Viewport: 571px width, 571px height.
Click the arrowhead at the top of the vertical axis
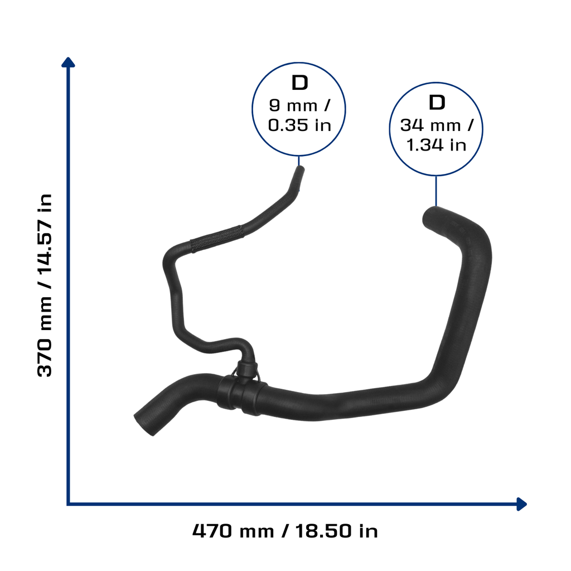[x=68, y=62]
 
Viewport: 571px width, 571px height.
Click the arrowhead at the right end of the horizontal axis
[x=522, y=504]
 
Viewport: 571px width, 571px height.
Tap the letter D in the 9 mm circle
[x=299, y=83]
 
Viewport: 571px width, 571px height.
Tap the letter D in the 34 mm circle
[x=437, y=103]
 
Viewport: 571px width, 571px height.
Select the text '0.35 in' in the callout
[x=299, y=125]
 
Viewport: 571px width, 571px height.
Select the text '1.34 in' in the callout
[x=436, y=145]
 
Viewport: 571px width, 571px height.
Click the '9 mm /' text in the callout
[x=299, y=105]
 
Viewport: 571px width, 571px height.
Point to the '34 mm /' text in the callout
[x=437, y=125]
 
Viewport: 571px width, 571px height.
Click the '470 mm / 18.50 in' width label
[x=285, y=531]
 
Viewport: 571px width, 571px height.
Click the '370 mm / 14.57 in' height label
[x=45, y=285]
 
